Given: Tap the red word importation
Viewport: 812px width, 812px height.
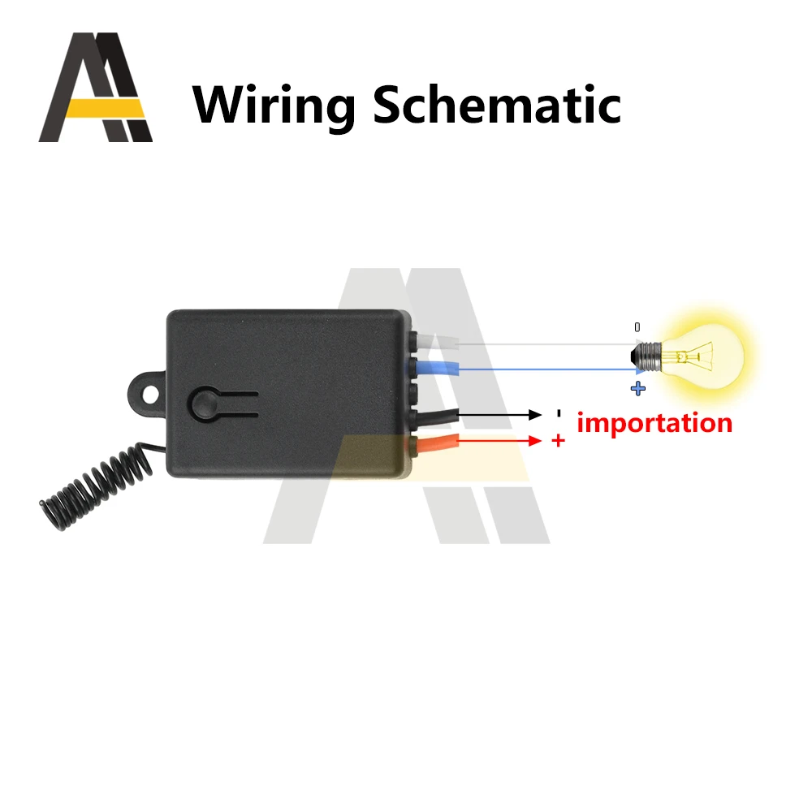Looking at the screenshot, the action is [x=654, y=423].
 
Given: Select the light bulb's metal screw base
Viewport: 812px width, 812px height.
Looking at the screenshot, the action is [x=647, y=355].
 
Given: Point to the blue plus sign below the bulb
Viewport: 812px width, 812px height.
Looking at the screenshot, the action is [x=638, y=389].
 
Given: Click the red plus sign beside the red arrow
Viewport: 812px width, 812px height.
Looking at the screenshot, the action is [x=558, y=440].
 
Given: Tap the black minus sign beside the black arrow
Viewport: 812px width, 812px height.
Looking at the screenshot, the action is [x=558, y=413].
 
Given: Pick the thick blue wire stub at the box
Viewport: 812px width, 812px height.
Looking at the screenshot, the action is [x=438, y=370].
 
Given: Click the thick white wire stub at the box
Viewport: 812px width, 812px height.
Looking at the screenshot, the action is [x=438, y=343].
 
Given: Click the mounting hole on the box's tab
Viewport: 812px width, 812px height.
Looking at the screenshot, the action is [x=150, y=391].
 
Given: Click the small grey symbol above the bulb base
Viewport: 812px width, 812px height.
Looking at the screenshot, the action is [x=637, y=326].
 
